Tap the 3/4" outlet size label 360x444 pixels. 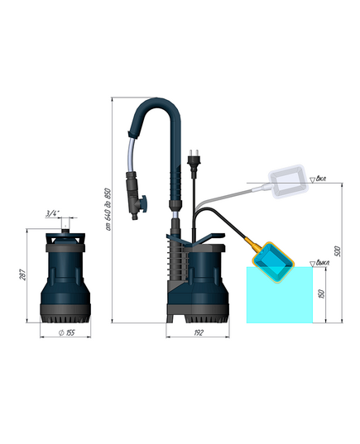tap(53, 214)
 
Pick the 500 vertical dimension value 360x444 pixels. tap(334, 250)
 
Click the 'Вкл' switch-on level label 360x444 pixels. tap(321, 178)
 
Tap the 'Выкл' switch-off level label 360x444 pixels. tap(323, 263)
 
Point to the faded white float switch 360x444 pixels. tap(286, 184)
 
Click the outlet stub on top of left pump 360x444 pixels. tap(64, 228)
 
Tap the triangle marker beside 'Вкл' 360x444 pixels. tap(310, 179)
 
